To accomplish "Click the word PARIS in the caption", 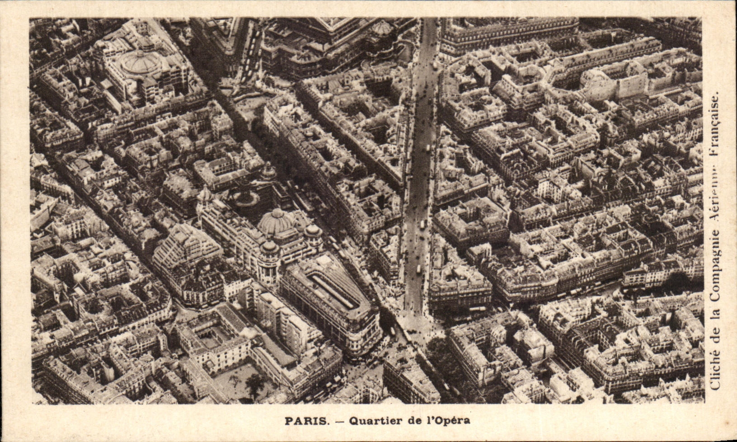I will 306,421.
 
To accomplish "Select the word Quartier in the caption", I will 368,421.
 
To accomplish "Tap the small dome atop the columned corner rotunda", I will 269,246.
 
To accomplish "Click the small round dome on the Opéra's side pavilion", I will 382,28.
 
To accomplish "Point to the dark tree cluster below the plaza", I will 445,357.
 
